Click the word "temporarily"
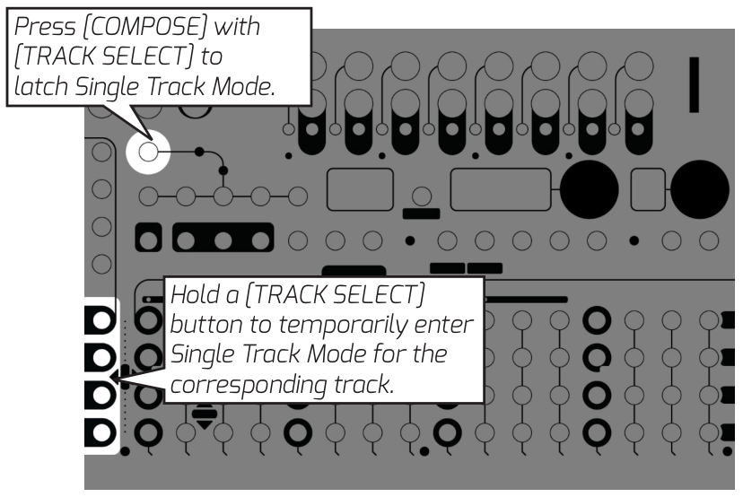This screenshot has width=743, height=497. coord(328,325)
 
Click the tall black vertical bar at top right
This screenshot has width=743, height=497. coord(694,85)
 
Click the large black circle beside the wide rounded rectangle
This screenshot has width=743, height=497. coord(590,188)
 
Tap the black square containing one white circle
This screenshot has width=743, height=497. coord(149,240)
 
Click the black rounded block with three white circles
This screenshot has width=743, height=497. coord(223,240)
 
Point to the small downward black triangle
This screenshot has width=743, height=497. coord(205,422)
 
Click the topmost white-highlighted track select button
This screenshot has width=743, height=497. coord(99,319)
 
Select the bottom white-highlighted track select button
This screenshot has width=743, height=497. coord(99,431)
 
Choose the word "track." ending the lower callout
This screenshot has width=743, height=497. coord(434,385)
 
